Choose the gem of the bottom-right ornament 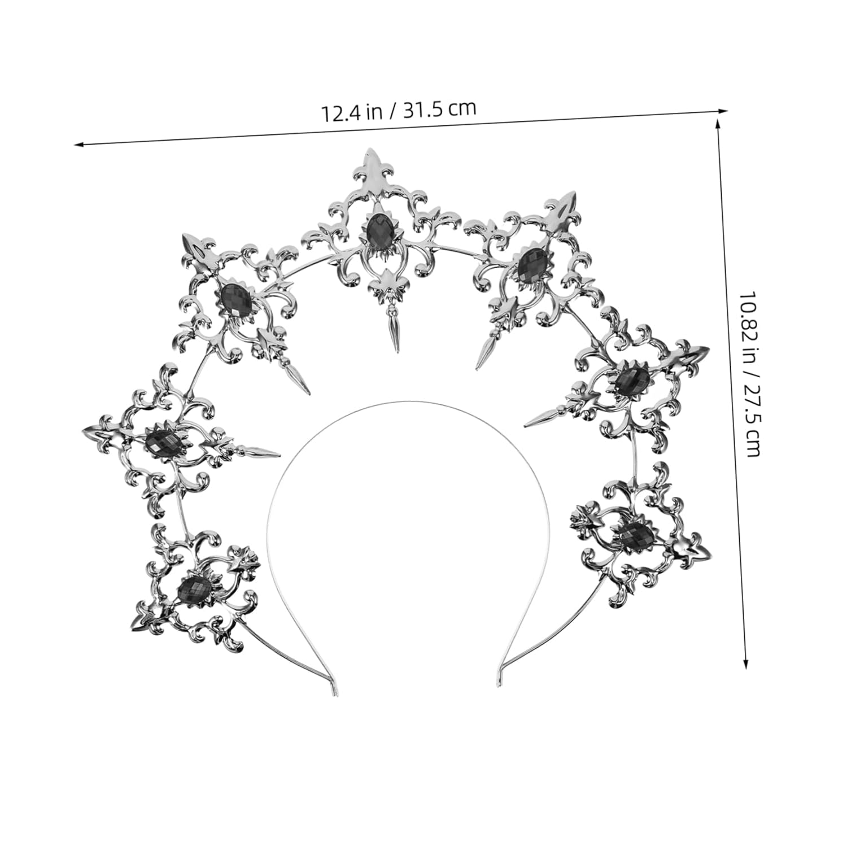coord(637,534)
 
